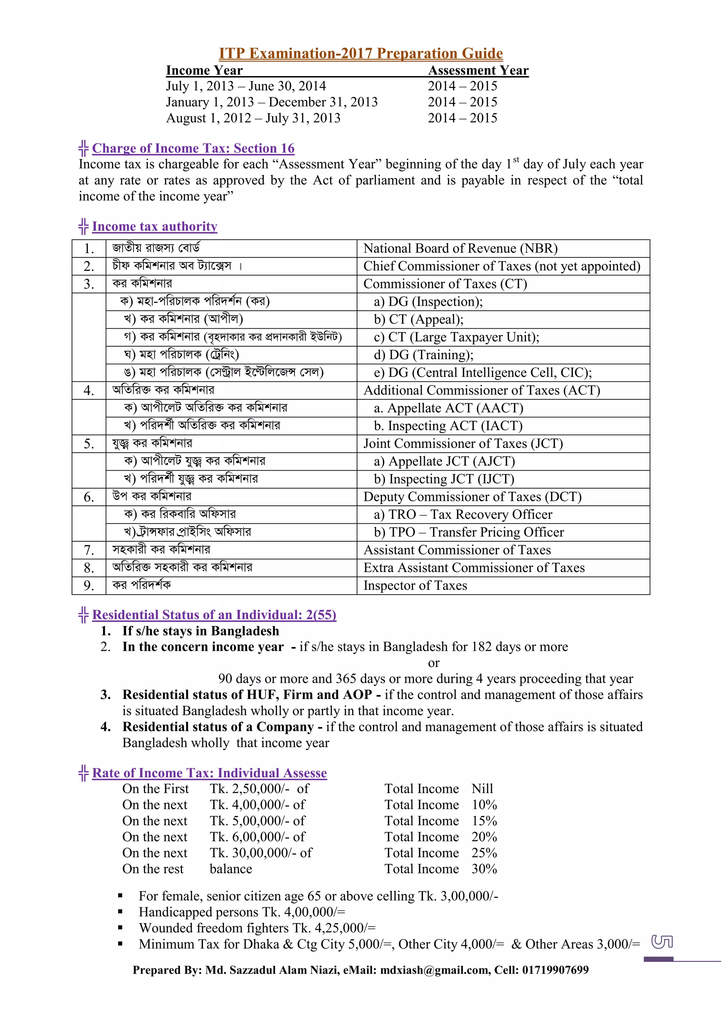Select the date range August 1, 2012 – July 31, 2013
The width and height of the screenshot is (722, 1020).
[253, 118]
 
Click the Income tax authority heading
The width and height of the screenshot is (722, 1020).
[154, 226]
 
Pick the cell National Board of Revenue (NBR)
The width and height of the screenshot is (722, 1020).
[460, 248]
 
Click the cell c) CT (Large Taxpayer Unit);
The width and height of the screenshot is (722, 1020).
[456, 337]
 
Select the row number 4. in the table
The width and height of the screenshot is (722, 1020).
[89, 391]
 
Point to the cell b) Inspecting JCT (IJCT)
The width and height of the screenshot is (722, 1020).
[444, 479]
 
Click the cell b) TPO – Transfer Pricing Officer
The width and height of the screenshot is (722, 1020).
[469, 532]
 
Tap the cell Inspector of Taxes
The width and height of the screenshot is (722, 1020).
[415, 585]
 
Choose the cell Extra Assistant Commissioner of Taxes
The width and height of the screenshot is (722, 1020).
[473, 568]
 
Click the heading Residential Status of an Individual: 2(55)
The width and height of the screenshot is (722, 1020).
[214, 615]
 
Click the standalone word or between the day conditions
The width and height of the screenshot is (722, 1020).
[434, 663]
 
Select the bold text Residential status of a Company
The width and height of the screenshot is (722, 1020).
[218, 727]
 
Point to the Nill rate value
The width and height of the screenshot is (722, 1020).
[482, 789]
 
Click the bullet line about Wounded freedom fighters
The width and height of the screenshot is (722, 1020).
[257, 928]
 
